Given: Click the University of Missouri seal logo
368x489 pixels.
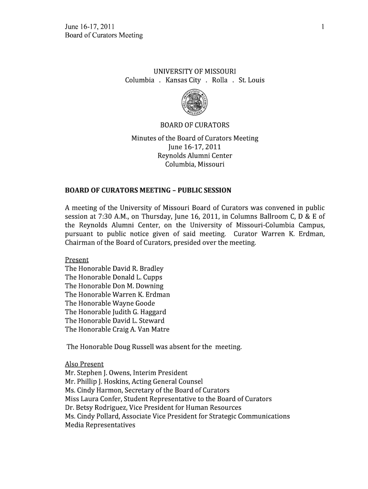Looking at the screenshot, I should coord(195,103).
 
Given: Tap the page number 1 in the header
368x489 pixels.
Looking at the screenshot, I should coord(323,27).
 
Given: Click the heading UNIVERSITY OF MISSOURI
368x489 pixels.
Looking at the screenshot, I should coord(195,72).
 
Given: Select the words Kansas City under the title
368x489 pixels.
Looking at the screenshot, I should coord(183,80).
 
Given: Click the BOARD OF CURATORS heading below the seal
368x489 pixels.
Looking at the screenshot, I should coord(195,125).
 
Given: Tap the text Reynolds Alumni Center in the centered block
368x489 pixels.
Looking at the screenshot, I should coord(195,156).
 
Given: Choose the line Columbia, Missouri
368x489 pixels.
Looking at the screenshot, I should coord(195,164).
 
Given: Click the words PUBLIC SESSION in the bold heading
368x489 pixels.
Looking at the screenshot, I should coord(205,191).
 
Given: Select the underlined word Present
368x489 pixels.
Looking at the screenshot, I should coord(76,260).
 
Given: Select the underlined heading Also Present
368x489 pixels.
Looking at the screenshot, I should coord(84,364).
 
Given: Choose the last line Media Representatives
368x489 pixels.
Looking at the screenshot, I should coord(100,425).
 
